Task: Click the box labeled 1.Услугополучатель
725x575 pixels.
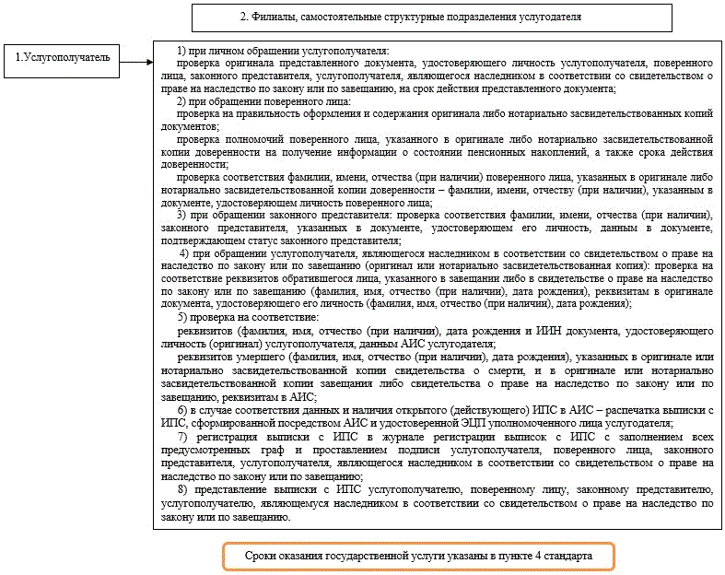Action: tap(60, 57)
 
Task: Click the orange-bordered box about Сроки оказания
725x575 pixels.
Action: tap(417, 557)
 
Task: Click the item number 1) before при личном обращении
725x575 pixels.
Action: tap(182, 50)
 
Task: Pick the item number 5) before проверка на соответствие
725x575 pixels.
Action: tap(182, 318)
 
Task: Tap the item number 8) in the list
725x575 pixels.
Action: tap(182, 489)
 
